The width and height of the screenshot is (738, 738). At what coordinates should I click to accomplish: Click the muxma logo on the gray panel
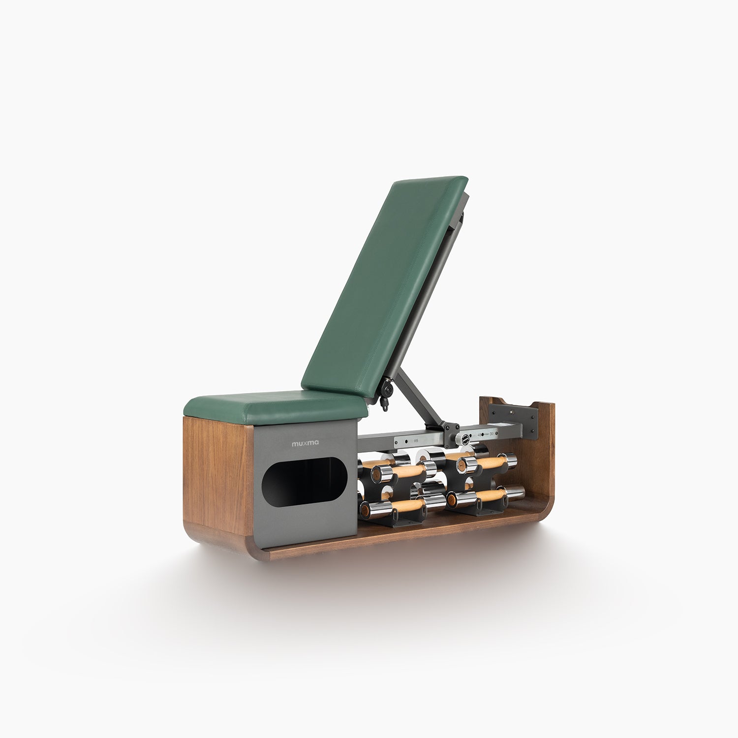[305, 443]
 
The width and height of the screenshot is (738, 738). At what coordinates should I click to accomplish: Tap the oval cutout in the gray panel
[305, 482]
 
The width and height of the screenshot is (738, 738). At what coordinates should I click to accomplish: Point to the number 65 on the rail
[416, 441]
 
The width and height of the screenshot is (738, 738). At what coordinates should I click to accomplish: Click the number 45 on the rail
[480, 434]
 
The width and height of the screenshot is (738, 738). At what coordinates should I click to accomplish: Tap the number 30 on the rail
[492, 434]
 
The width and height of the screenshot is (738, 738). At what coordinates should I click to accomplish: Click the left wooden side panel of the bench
[216, 477]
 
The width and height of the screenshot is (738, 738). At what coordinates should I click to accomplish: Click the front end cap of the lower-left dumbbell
[367, 510]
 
